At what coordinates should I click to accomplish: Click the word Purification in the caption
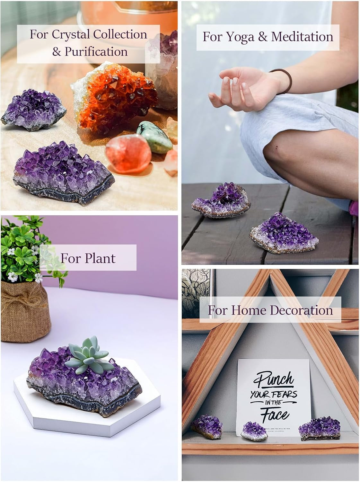tap(96, 51)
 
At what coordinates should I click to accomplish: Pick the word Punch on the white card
tap(274, 379)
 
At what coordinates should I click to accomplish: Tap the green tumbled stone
tap(150, 135)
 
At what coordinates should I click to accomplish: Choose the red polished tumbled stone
tap(128, 154)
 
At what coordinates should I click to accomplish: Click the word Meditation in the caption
tap(302, 37)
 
